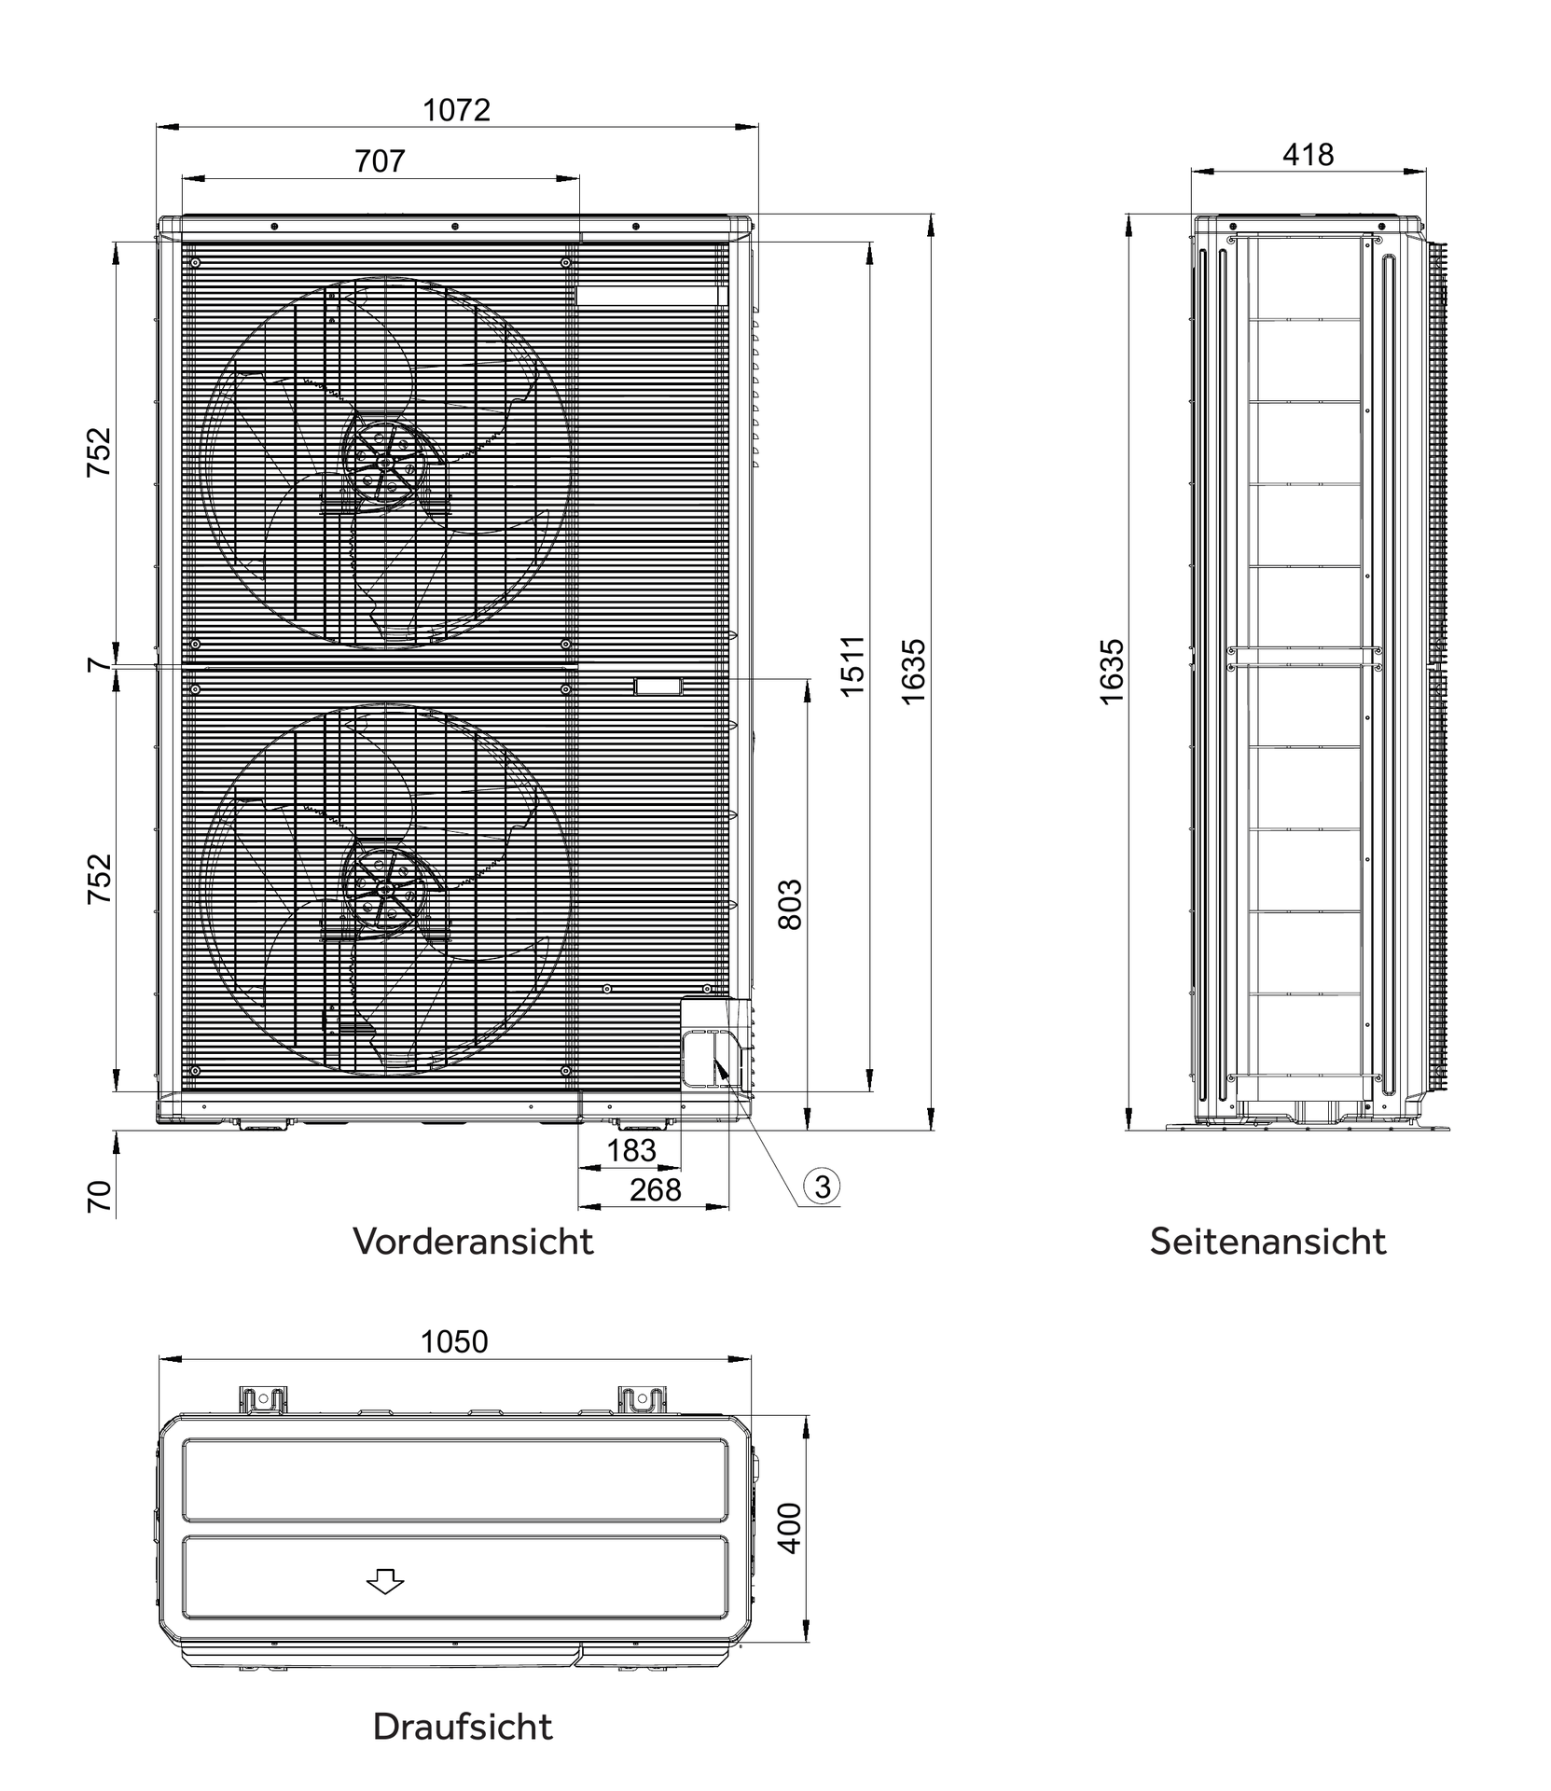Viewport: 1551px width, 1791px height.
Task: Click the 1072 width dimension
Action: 456,110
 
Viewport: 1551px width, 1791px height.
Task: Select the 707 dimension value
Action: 380,161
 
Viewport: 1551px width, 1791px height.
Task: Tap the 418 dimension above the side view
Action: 1308,155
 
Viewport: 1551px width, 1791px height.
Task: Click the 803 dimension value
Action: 789,904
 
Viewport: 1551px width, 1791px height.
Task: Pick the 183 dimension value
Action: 631,1151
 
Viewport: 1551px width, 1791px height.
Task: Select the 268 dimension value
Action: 656,1190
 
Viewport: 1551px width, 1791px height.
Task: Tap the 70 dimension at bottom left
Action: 100,1197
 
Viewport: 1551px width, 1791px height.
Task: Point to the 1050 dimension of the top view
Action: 454,1341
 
